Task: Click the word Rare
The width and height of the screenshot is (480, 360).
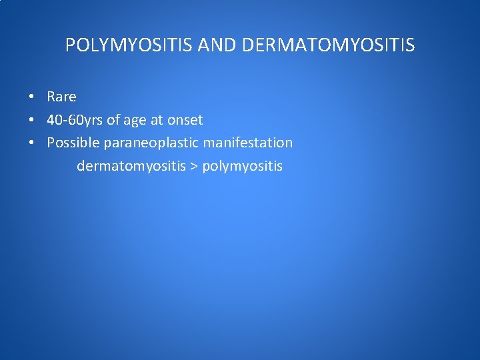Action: pyautogui.click(x=61, y=97)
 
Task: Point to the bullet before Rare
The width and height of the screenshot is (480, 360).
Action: pyautogui.click(x=31, y=97)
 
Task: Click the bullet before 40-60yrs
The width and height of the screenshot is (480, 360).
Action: pyautogui.click(x=31, y=121)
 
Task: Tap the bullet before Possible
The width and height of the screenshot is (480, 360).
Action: pyautogui.click(x=31, y=143)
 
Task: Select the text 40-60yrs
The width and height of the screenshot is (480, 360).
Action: pyautogui.click(x=75, y=120)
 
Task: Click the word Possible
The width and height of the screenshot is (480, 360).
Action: pyautogui.click(x=73, y=143)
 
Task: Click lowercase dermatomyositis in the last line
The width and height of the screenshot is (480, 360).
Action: pyautogui.click(x=131, y=166)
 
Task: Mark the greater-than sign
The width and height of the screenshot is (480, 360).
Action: pyautogui.click(x=194, y=166)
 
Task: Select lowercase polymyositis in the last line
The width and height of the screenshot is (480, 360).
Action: pyautogui.click(x=242, y=166)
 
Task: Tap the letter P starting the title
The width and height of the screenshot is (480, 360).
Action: pyautogui.click(x=70, y=45)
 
